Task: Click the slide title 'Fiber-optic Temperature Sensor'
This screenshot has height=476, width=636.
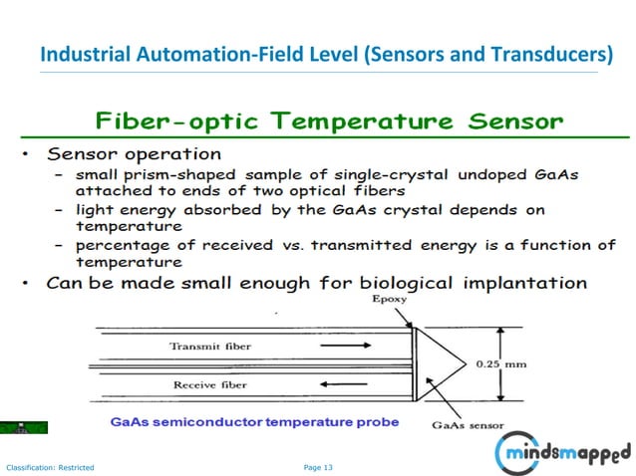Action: [329, 123]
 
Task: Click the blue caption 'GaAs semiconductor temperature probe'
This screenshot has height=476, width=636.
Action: [254, 422]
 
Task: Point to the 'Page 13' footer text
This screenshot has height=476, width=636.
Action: [318, 465]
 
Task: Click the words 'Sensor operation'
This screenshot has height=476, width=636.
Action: [135, 154]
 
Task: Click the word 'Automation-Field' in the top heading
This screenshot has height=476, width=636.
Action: [226, 53]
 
